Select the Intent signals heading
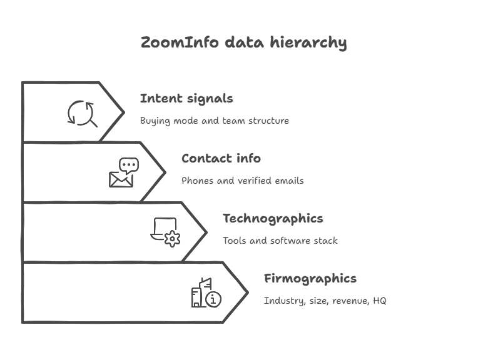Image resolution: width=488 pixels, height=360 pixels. coord(186,99)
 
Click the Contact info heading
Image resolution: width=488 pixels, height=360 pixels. coord(221,159)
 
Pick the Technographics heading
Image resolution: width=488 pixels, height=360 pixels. coord(273,219)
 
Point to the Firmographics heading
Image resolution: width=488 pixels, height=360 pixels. coord(310,279)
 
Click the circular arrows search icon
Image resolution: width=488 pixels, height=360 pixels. coord(83,114)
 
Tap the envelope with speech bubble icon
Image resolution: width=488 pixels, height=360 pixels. coord(123,173)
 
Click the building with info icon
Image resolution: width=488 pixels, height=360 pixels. coord(206,292)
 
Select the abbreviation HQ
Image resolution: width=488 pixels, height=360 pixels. coord(379,301)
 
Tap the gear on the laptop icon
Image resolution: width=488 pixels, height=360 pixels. coord(172,238)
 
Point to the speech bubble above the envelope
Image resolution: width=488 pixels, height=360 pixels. coord(130,166)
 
